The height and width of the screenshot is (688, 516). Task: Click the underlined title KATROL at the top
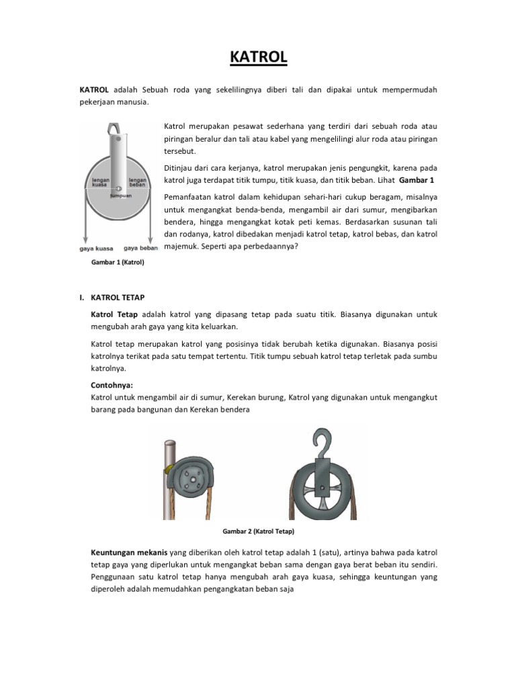point(258,58)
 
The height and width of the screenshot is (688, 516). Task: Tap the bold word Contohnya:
point(112,385)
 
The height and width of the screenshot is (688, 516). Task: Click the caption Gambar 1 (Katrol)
point(118,263)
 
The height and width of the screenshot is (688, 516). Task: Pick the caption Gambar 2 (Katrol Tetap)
point(258,531)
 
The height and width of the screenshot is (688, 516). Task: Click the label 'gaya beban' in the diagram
point(140,248)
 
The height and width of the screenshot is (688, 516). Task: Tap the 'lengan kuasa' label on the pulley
point(94,183)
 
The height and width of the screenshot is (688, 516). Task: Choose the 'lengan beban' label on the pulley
point(138,183)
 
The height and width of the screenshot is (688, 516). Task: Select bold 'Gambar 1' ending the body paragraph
point(416,181)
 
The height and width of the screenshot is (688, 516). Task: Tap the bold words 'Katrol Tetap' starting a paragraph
point(114,314)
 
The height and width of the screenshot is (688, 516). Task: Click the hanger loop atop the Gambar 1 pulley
point(116,128)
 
